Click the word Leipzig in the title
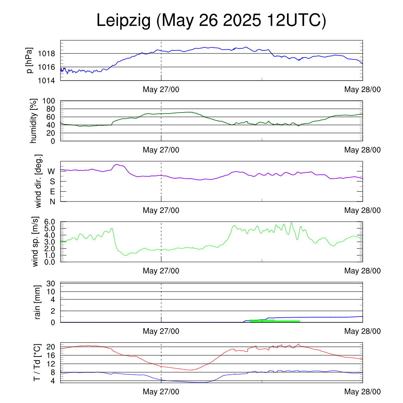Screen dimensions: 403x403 (123, 20)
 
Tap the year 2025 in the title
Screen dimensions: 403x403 (242, 20)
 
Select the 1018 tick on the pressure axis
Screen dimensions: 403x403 (46, 54)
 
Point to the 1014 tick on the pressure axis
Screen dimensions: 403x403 (46, 81)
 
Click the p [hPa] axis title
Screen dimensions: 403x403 (29, 60)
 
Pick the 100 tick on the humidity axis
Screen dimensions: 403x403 (48, 101)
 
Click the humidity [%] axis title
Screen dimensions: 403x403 (33, 121)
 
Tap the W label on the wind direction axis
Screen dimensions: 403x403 (51, 172)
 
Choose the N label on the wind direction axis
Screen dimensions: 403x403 (52, 202)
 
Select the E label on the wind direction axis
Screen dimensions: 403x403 (53, 192)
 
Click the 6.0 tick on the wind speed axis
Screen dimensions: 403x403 (50, 222)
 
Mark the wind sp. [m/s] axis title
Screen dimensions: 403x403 (35, 242)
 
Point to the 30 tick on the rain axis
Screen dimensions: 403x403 (51, 283)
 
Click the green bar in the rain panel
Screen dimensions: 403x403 (274, 321)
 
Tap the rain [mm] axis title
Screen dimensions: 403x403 (37, 302)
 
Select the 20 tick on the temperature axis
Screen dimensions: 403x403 (51, 347)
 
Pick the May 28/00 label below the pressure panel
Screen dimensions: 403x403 (362, 89)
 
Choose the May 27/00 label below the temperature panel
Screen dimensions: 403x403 (161, 392)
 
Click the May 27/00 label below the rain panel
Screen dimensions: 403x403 (161, 331)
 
